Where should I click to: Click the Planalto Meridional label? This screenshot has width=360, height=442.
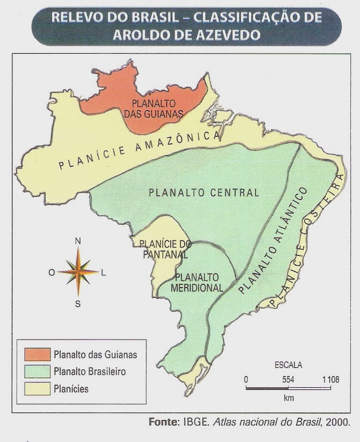click(196, 282)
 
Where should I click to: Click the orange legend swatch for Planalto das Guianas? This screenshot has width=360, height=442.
click(36, 355)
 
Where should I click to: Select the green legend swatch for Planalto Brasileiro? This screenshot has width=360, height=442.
click(36, 372)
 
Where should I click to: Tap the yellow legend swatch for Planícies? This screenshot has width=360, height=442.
click(36, 389)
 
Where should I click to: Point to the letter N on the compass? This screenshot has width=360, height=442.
click(78, 241)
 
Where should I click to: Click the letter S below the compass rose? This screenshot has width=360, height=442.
click(78, 304)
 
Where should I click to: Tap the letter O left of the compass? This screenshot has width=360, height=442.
click(52, 272)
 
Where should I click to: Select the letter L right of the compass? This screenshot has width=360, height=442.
click(104, 272)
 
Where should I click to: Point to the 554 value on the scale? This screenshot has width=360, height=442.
click(288, 379)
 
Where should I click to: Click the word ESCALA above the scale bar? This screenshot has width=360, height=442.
click(288, 365)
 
